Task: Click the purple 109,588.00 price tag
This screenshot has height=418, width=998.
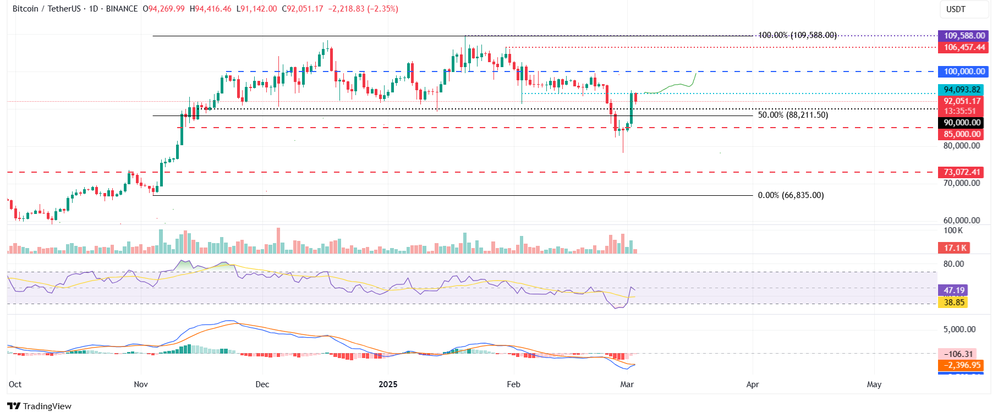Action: point(963,36)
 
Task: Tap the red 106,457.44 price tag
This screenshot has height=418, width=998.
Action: point(963,47)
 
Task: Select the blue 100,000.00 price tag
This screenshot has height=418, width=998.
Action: point(963,71)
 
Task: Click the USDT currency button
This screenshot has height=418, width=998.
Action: point(956,9)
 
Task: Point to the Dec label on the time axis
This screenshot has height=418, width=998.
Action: point(262,384)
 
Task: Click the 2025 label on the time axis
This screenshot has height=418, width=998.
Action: point(388,384)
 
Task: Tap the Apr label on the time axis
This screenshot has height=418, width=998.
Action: point(752,384)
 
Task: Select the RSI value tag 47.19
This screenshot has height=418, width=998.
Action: point(953,290)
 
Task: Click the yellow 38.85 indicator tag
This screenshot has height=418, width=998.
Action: point(953,302)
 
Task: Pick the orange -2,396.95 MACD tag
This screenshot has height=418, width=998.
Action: point(961,365)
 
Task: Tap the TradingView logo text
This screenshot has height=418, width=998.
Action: point(47,406)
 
